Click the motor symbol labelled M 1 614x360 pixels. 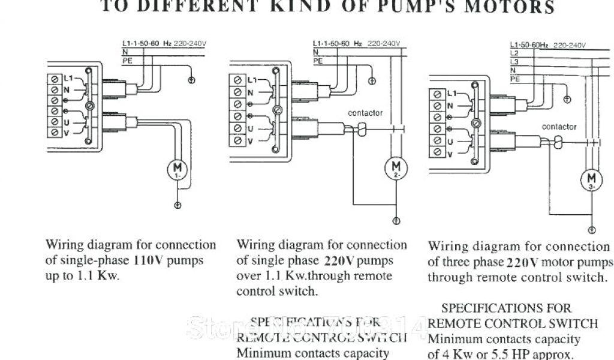pyautogui.click(x=177, y=170)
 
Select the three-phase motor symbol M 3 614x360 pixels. pyautogui.click(x=592, y=179)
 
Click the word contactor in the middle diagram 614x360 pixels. pyautogui.click(x=365, y=113)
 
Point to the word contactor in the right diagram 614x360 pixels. pyautogui.click(x=559, y=127)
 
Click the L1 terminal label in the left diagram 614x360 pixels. pyautogui.click(x=67, y=79)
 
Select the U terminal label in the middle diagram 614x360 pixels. pyautogui.click(x=249, y=129)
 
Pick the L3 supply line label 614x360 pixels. pyautogui.click(x=513, y=62)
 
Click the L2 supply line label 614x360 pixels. pyautogui.click(x=513, y=53)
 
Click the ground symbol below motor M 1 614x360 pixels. pyautogui.click(x=177, y=206)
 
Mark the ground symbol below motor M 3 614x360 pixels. pyautogui.click(x=592, y=230)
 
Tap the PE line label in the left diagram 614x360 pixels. pyautogui.click(x=127, y=61)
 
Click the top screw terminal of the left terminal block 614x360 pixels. pyautogui.click(x=55, y=79)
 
